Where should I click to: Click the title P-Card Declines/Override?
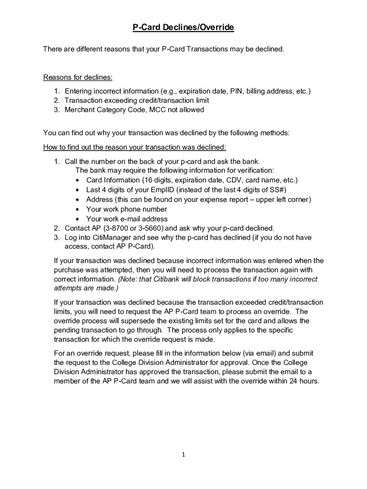point(183,28)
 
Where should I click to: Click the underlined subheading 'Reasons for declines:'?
point(78,77)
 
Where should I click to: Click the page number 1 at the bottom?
point(183,455)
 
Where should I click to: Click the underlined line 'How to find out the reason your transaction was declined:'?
point(134,147)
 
